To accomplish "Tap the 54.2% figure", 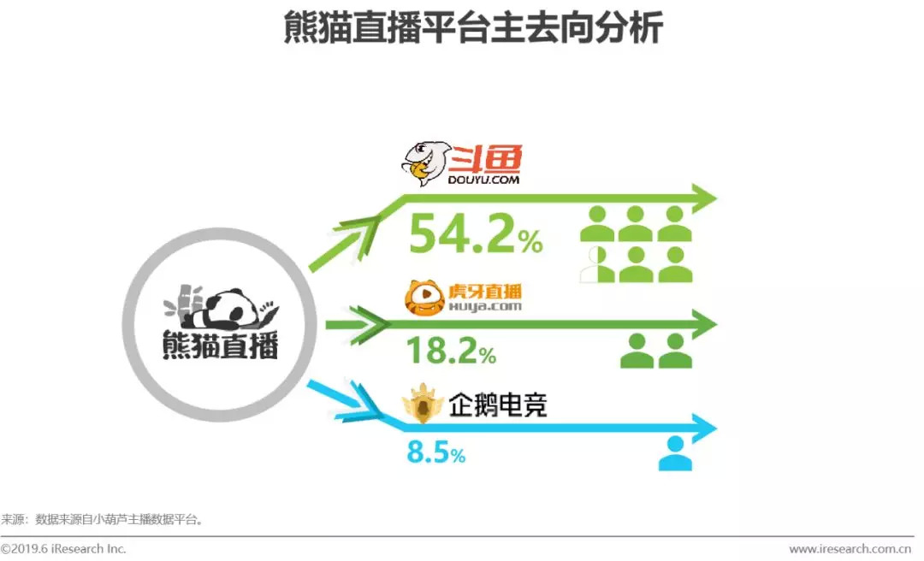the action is coord(475,233).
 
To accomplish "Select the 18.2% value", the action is coord(451,350).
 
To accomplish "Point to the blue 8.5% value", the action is coord(435,452).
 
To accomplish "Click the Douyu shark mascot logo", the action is coord(425,165).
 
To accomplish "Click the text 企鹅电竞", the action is coord(497,405).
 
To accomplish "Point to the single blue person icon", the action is coord(675,453).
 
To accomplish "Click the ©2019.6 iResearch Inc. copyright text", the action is coord(63,548).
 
